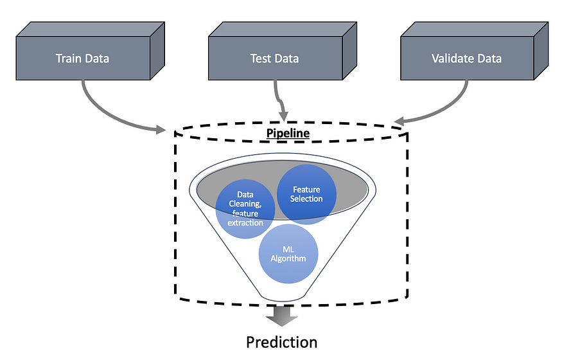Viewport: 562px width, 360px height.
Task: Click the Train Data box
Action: [x=82, y=59]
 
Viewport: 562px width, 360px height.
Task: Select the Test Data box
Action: [x=274, y=59]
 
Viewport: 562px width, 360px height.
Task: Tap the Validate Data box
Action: [x=466, y=59]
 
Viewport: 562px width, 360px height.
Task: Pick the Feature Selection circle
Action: [x=306, y=194]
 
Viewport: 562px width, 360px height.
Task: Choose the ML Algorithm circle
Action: [x=288, y=253]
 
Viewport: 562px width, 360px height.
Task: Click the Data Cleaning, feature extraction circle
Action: [x=245, y=207]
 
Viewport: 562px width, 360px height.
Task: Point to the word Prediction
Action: [x=282, y=341]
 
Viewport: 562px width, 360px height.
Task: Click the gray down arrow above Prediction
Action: [x=281, y=315]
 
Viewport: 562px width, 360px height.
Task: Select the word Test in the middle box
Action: [x=260, y=59]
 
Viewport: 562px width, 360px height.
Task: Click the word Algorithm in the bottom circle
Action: [x=288, y=258]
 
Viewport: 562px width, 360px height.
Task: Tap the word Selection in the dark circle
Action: [x=306, y=198]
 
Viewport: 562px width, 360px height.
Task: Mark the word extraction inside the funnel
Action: [x=245, y=222]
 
